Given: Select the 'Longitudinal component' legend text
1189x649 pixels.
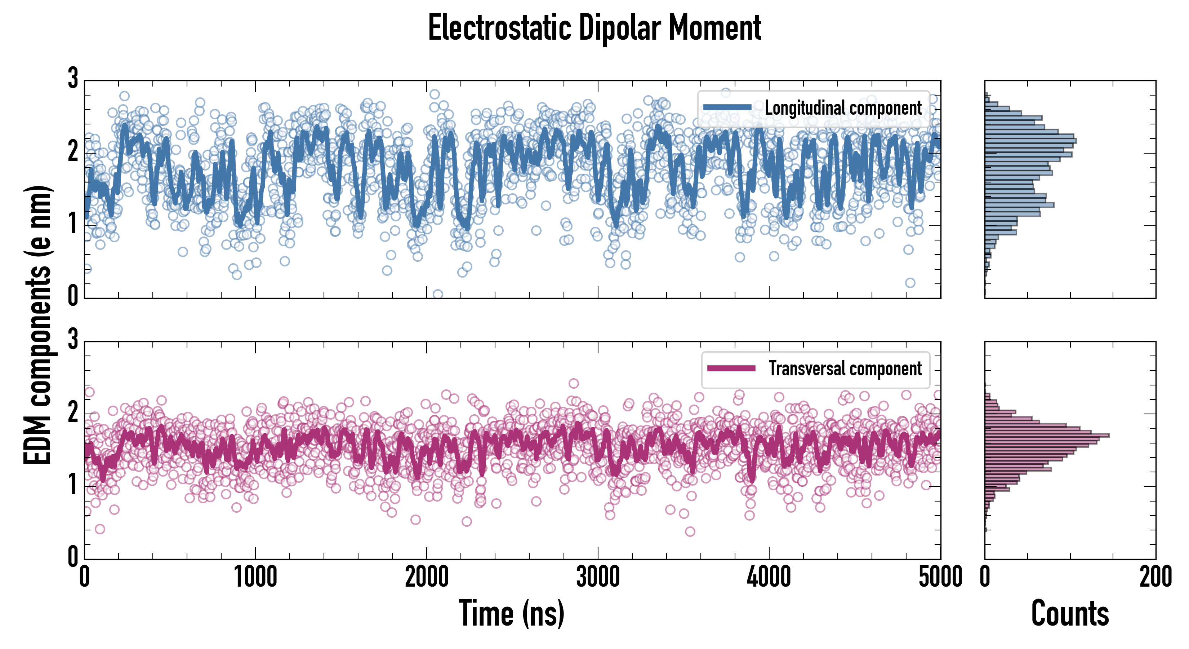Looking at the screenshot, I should [x=843, y=108].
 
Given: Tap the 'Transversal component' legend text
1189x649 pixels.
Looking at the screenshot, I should [x=845, y=368].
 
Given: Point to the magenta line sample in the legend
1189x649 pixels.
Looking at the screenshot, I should [x=731, y=368].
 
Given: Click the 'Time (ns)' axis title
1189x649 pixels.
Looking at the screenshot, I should [x=511, y=613].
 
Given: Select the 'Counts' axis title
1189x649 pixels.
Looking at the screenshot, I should [x=1070, y=613].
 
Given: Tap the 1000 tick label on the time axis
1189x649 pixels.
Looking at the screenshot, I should [x=255, y=577].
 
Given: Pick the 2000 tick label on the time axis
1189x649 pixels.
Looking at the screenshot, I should [x=427, y=577].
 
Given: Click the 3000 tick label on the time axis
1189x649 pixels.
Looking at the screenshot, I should [x=598, y=577].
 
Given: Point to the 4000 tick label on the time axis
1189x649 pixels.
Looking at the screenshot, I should [x=769, y=577].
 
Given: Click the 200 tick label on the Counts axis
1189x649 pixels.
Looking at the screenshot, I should [x=1155, y=577].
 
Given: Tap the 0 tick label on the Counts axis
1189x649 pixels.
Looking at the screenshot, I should [x=985, y=577].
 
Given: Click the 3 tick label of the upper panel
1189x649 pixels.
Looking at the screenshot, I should [x=73, y=78].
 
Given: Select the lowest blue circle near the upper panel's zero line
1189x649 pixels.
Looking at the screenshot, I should [x=437, y=294].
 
